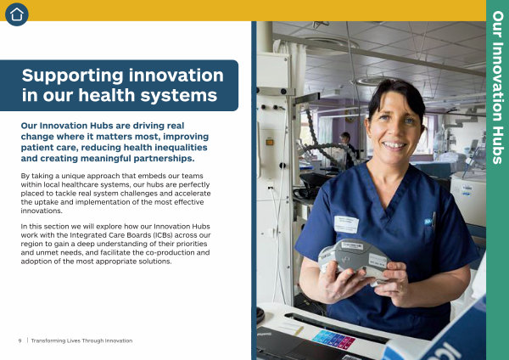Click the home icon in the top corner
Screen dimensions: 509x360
(x=17, y=14)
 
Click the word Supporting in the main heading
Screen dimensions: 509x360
(x=72, y=76)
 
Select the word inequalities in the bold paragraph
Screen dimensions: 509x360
(x=181, y=148)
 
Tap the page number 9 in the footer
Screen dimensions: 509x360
(x=20, y=340)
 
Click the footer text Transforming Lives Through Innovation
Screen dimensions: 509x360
(x=81, y=340)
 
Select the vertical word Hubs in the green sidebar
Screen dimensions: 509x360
(x=498, y=145)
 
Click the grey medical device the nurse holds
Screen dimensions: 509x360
(x=354, y=257)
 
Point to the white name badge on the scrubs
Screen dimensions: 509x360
(x=346, y=224)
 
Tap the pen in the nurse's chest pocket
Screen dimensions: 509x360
(x=433, y=221)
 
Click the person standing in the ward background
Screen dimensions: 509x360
(x=348, y=149)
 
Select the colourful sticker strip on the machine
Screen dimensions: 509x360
(x=333, y=340)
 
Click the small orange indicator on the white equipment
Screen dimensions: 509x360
(x=270, y=142)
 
